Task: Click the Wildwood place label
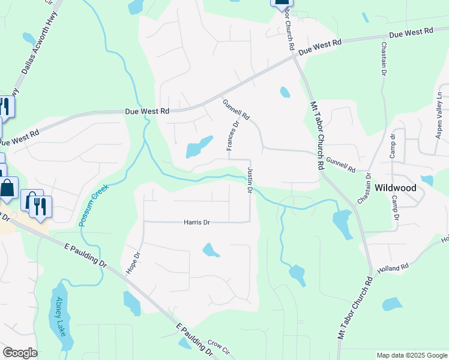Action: click(x=395, y=187)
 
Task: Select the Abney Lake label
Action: click(x=59, y=316)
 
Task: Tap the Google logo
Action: click(x=20, y=353)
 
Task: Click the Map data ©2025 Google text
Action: click(x=412, y=355)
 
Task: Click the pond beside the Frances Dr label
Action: click(x=199, y=147)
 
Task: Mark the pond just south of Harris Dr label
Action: click(x=209, y=249)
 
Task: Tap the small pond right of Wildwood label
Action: click(x=427, y=180)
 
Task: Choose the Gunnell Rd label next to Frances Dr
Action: click(x=236, y=109)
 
